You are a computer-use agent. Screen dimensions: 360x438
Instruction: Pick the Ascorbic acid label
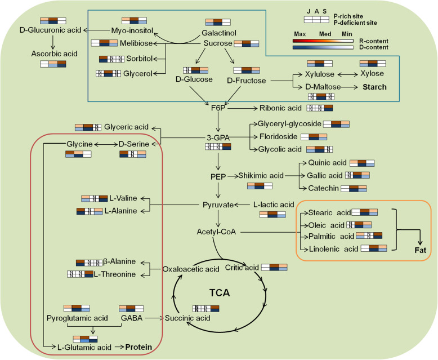click(52, 53)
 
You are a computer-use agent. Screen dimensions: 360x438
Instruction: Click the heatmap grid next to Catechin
click(361, 188)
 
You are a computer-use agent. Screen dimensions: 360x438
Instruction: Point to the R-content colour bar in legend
click(323, 41)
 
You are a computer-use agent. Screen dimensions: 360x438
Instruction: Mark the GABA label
click(130, 318)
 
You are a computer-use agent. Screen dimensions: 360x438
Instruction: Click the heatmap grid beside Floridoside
click(313, 136)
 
